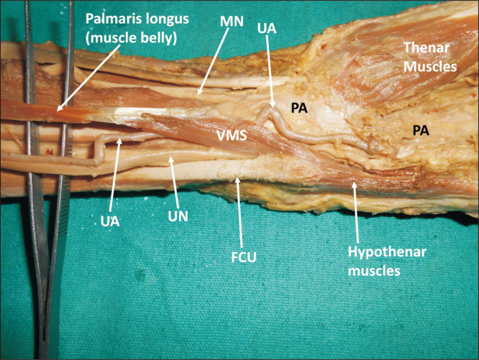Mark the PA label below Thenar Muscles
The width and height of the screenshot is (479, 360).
coord(423,129)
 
